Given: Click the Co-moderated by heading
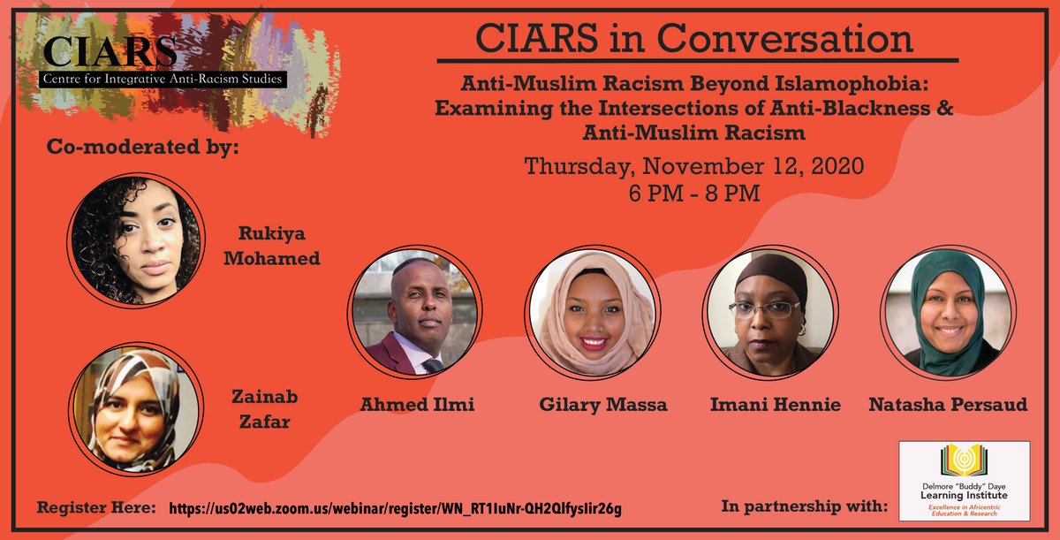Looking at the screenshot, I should click(143, 147).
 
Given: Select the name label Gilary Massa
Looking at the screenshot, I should click(591, 405).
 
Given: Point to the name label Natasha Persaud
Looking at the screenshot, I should click(948, 405).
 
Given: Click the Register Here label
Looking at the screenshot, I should click(96, 507).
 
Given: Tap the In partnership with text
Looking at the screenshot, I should click(805, 506).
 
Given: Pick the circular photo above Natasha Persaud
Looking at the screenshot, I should click(947, 316).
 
